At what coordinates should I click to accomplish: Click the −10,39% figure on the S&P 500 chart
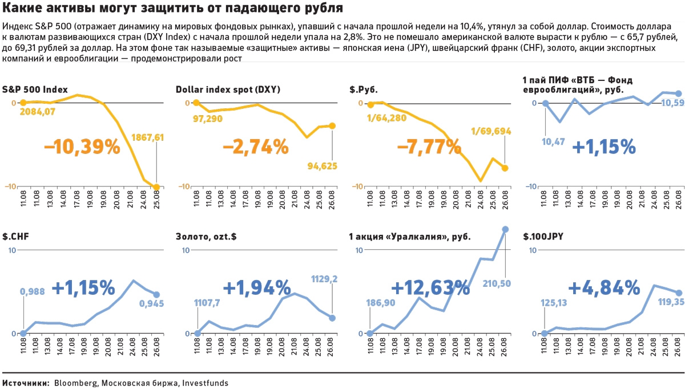[x=82, y=147]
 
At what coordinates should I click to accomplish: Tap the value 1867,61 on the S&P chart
[x=148, y=137]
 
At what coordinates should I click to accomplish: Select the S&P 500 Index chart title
[x=35, y=90]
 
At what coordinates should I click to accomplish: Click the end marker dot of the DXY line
[x=332, y=125]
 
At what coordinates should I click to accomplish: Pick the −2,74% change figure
[x=256, y=147]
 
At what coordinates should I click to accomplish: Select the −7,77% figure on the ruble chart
[x=429, y=147]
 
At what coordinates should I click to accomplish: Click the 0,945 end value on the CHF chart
[x=152, y=303]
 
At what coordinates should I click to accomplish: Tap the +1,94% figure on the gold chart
[x=257, y=287]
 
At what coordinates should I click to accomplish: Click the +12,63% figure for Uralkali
[x=431, y=287]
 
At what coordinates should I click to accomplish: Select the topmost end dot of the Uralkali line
[x=505, y=229]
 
